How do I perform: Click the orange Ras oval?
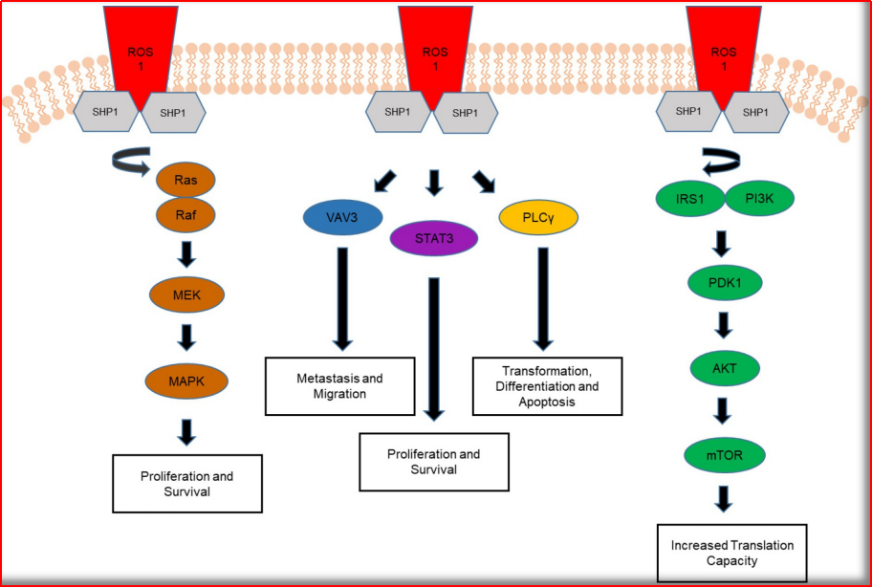[187, 179]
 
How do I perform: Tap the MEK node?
[187, 295]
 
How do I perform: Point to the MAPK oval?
[187, 381]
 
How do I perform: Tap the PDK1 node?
[724, 285]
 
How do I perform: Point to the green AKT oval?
[724, 367]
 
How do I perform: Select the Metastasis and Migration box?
[339, 386]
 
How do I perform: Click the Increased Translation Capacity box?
[731, 553]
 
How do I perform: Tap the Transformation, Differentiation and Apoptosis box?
[547, 386]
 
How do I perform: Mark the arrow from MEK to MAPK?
[187, 338]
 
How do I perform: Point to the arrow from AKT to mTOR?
[724, 409]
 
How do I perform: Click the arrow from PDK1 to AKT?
[724, 326]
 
